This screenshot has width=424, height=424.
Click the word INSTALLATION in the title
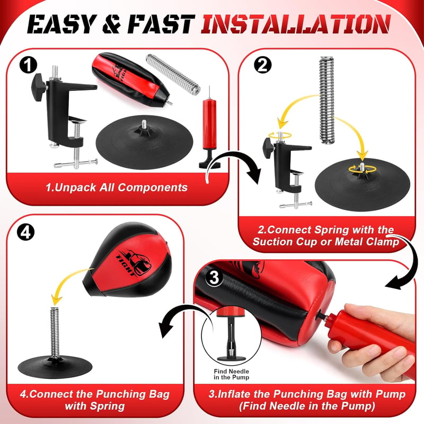click(x=296, y=24)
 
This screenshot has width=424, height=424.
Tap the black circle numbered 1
click(x=29, y=65)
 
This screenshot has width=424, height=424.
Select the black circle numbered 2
click(x=262, y=65)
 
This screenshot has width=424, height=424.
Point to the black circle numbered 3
click(x=215, y=277)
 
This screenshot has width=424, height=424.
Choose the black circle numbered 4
click(x=26, y=232)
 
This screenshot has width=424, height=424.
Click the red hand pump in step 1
click(x=209, y=127)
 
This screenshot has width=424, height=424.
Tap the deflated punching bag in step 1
click(x=131, y=80)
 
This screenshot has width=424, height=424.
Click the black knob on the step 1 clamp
click(x=39, y=87)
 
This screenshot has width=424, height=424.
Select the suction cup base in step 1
click(x=144, y=142)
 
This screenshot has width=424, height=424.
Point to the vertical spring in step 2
click(x=326, y=100)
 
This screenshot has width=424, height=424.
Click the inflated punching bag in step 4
click(x=127, y=260)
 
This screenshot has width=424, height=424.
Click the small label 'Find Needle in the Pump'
click(x=231, y=374)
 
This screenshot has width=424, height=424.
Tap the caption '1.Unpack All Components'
click(x=117, y=188)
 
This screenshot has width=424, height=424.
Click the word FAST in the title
click(x=161, y=24)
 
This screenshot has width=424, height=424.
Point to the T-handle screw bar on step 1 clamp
click(x=76, y=163)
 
